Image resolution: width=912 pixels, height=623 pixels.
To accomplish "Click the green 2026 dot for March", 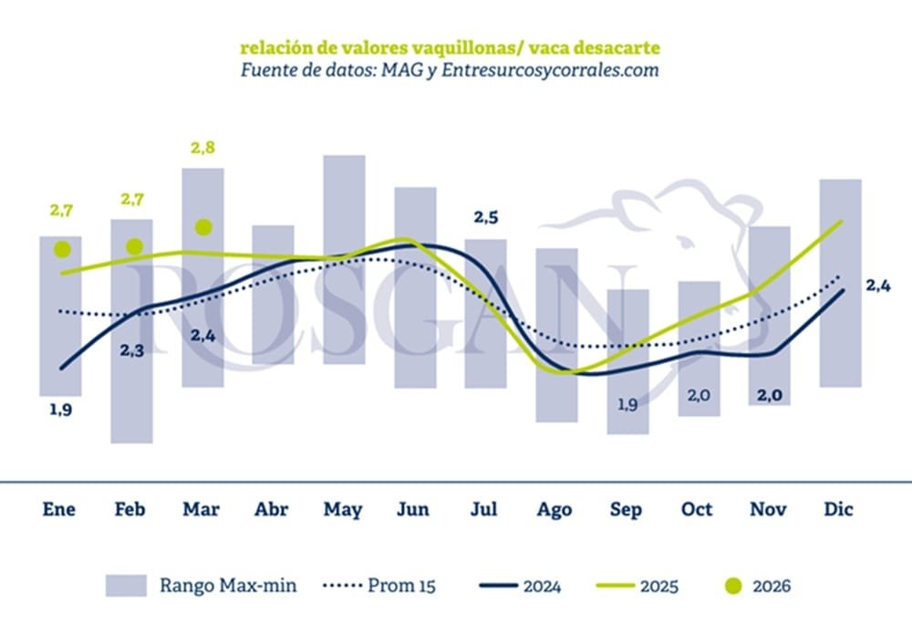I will coord(202,226).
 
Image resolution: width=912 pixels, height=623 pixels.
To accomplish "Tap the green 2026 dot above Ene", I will coord(62,248).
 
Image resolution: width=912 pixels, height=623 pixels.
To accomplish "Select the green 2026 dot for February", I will coord(134,245).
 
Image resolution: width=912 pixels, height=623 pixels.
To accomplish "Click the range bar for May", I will coord(344,260).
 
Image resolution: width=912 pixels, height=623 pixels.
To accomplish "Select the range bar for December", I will coord(840,283).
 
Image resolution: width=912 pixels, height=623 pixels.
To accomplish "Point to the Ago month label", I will coord(554,509).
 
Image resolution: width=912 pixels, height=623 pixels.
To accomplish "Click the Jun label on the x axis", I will coord(414,509).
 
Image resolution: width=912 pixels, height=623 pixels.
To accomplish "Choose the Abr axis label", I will coord(272,509).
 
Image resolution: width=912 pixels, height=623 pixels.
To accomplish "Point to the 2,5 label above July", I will coord(486,218).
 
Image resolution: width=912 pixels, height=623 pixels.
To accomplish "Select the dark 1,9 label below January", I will coord(60,410).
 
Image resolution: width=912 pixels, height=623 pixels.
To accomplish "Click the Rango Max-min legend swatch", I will coord(125,585).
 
